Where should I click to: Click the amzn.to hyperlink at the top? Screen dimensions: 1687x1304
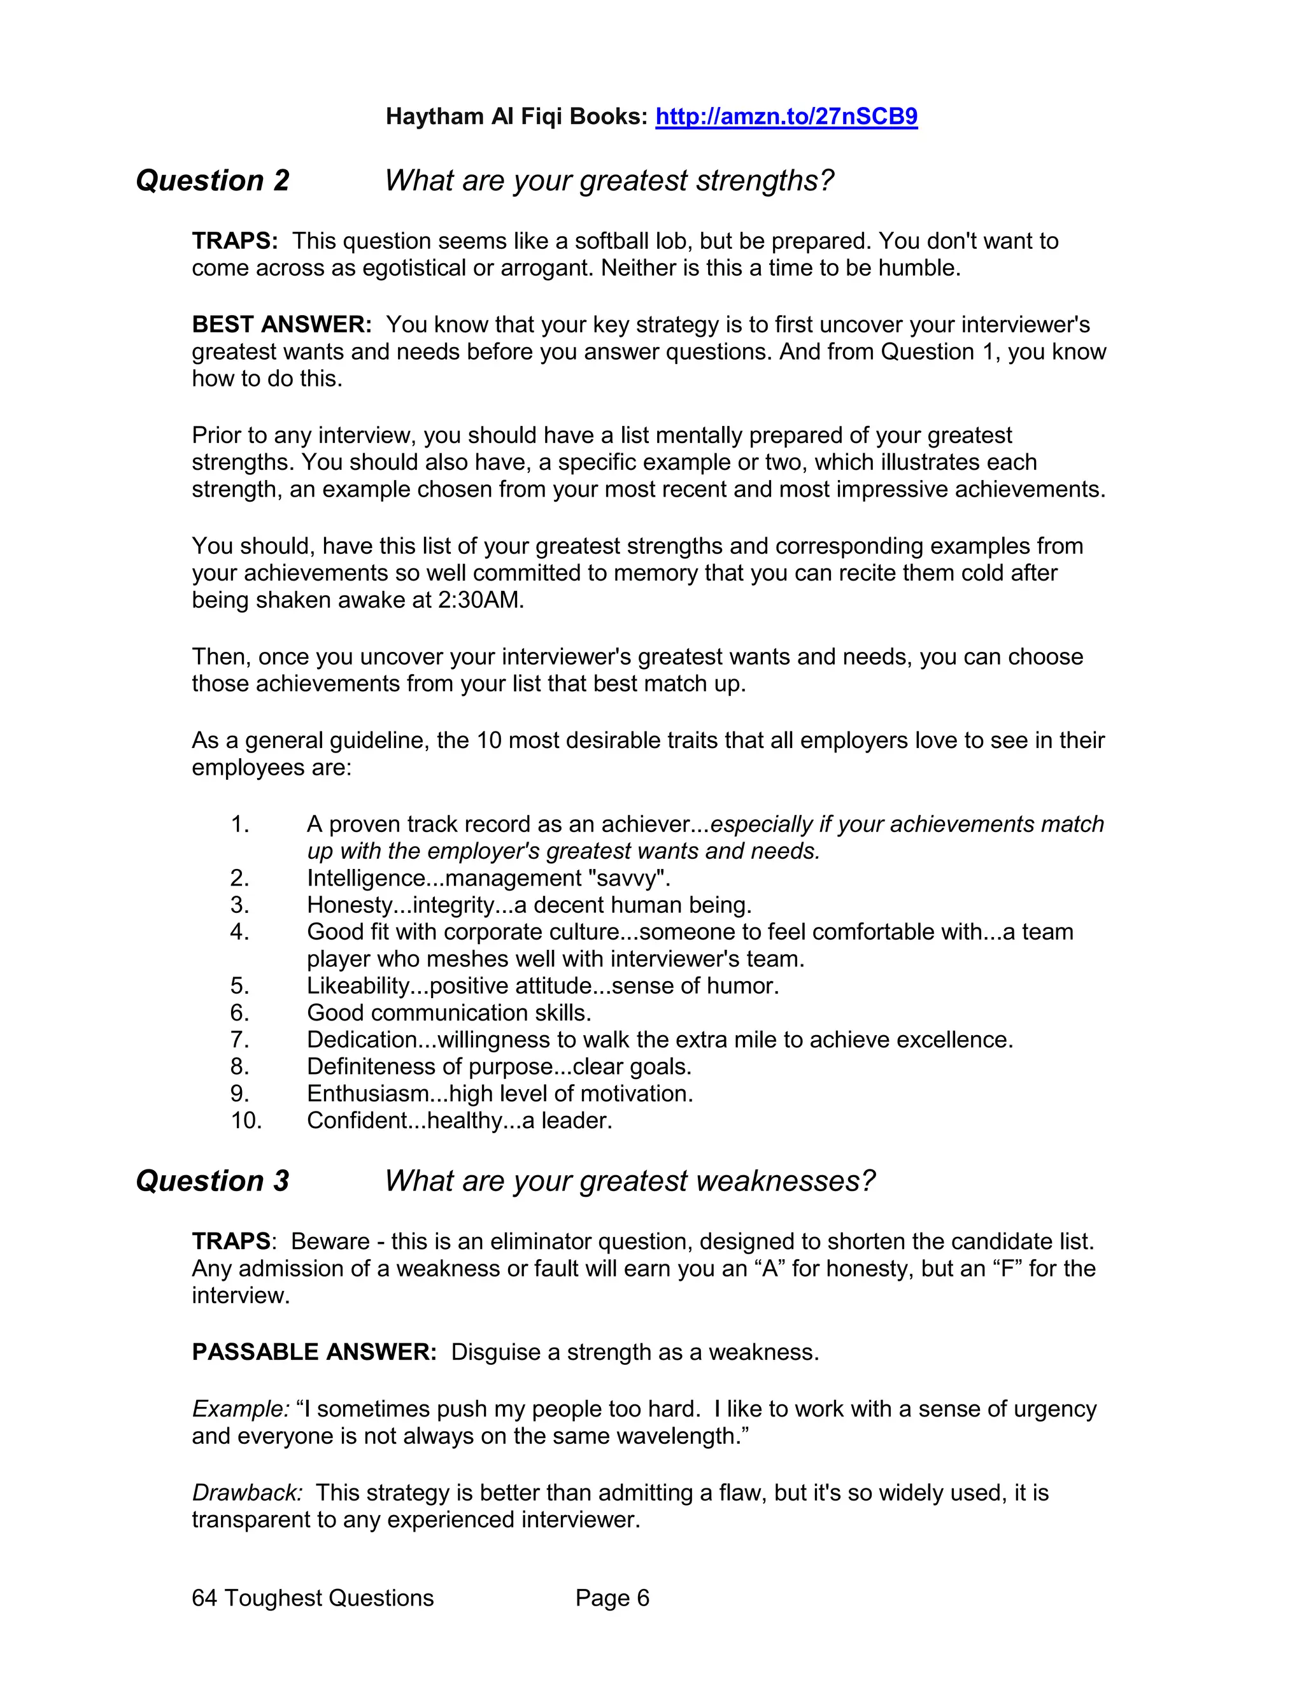click(x=786, y=116)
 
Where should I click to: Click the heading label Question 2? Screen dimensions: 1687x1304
click(x=213, y=181)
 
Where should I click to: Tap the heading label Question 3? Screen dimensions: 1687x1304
click(x=213, y=1181)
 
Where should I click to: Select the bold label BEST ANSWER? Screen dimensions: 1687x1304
click(x=282, y=325)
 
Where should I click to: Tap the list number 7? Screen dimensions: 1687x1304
click(x=239, y=1040)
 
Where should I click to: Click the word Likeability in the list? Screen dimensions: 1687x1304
click(x=358, y=985)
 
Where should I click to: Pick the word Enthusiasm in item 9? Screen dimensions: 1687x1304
click(x=367, y=1094)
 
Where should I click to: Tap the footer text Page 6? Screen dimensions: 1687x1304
click(x=612, y=1598)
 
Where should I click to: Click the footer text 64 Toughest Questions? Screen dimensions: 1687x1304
click(x=313, y=1598)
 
